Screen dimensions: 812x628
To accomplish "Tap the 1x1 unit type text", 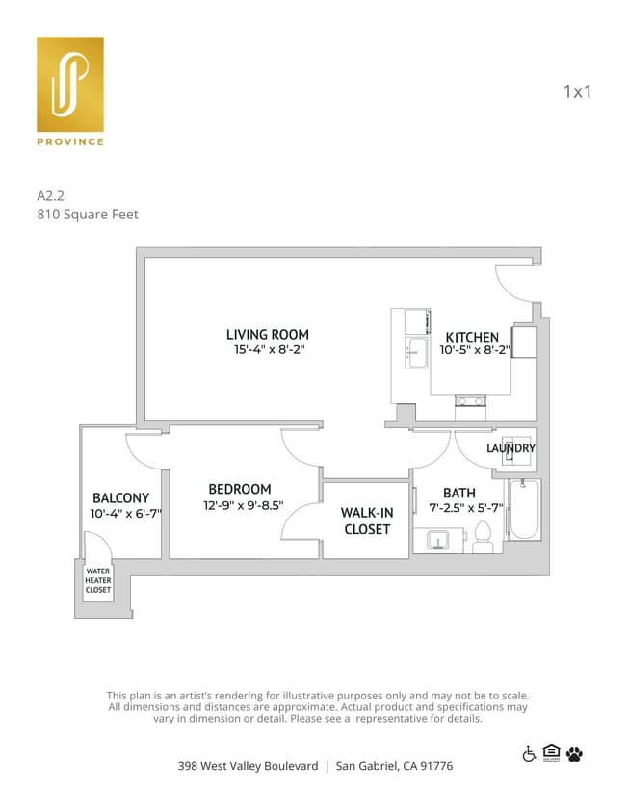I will pyautogui.click(x=576, y=92).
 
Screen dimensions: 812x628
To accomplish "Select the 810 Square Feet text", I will pyautogui.click(x=87, y=214).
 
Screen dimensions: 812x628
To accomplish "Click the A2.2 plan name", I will pyautogui.click(x=50, y=194).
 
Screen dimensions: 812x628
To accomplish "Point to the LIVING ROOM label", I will pyautogui.click(x=268, y=334).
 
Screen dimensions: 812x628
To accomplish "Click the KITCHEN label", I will pyautogui.click(x=472, y=337).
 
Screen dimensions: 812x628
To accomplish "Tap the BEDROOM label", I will pyautogui.click(x=240, y=489).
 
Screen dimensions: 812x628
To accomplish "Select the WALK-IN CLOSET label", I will pyautogui.click(x=366, y=520).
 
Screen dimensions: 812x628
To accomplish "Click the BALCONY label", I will pyautogui.click(x=120, y=497).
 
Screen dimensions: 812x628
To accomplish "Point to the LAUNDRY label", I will pyautogui.click(x=510, y=448).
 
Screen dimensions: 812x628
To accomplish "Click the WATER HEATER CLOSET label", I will pyautogui.click(x=98, y=580).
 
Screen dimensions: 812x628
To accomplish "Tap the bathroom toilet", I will pyautogui.click(x=483, y=539).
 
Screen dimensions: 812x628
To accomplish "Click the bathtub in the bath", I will pyautogui.click(x=525, y=510).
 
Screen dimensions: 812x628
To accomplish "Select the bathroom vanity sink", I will pyautogui.click(x=438, y=541).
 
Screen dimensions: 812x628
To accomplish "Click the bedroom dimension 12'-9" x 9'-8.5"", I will pyautogui.click(x=243, y=505).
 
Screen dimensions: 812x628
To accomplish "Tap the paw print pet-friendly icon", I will pyautogui.click(x=575, y=753).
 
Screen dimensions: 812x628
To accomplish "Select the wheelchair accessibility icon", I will pyautogui.click(x=529, y=753).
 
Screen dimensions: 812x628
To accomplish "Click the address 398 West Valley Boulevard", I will pyautogui.click(x=248, y=766).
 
